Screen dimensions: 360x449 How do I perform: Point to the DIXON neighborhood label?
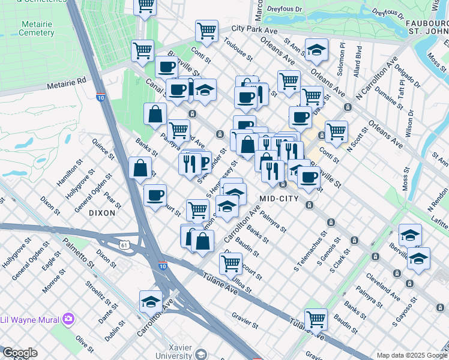(101, 213)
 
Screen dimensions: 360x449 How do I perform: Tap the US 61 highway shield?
(124, 245)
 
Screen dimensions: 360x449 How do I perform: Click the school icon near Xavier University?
(151, 303)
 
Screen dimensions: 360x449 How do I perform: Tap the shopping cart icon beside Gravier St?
(315, 320)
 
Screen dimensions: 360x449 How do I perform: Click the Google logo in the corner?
(19, 353)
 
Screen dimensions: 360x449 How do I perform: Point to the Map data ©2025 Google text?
(412, 355)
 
